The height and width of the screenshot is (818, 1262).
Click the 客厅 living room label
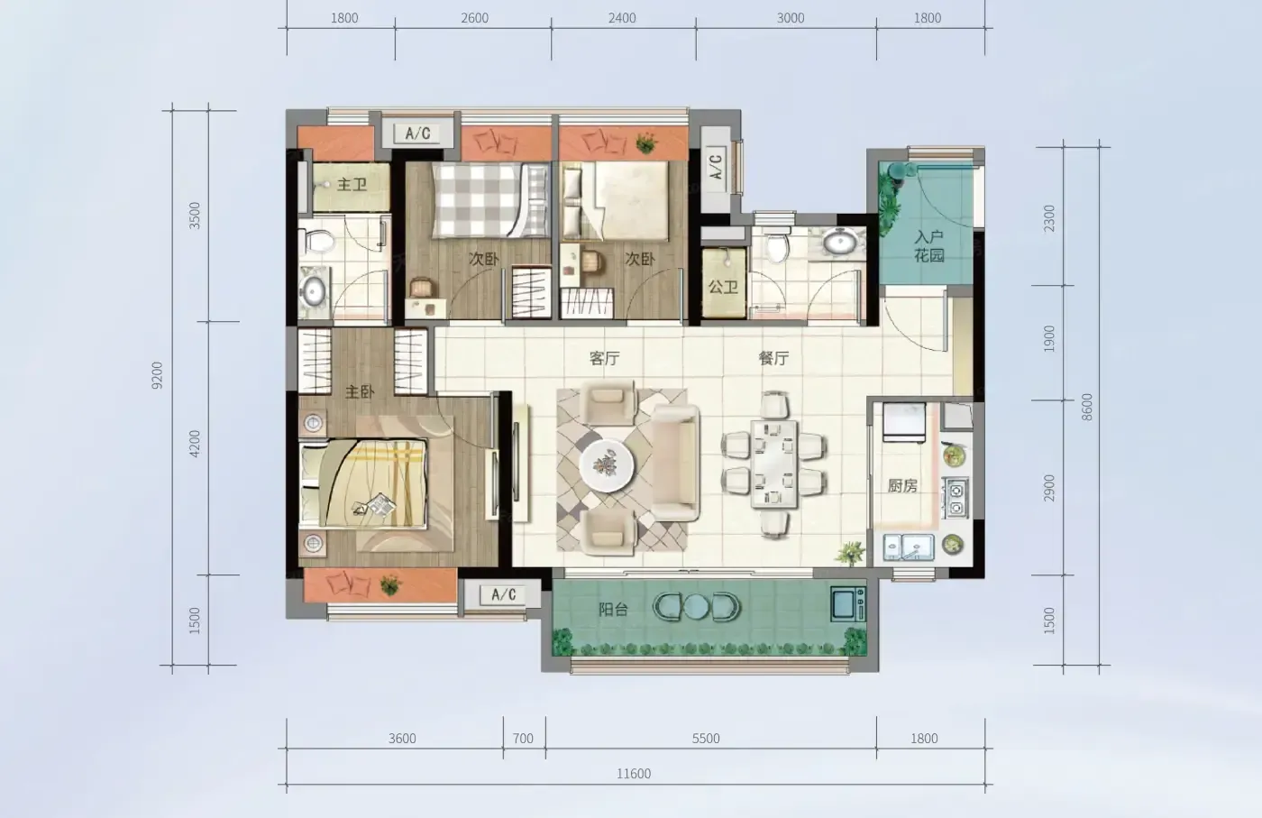tap(605, 358)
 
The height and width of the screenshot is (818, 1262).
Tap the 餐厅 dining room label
tap(773, 358)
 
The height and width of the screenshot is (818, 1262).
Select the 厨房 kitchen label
tap(902, 485)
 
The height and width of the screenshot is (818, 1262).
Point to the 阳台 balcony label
tap(613, 610)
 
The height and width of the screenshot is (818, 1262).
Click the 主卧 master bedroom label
tap(360, 391)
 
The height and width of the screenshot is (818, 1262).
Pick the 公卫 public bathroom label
tap(723, 287)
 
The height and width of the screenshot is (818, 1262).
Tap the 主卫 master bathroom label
tap(352, 184)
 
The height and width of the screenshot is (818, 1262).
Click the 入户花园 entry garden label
tap(929, 246)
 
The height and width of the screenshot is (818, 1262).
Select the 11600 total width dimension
tap(634, 774)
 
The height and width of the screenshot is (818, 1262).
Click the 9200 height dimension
tap(157, 375)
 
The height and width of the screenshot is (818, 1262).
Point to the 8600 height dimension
tap(1087, 407)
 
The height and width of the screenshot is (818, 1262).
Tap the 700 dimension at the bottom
tap(524, 739)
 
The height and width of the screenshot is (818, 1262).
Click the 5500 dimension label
tap(706, 739)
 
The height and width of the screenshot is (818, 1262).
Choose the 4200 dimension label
tap(195, 444)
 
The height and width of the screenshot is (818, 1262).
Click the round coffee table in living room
tap(607, 465)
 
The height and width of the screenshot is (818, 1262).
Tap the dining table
tap(774, 464)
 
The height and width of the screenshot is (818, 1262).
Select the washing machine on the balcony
tap(848, 603)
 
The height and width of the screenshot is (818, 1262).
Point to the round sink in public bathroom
tap(840, 243)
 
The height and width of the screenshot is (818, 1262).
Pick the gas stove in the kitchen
tap(956, 498)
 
